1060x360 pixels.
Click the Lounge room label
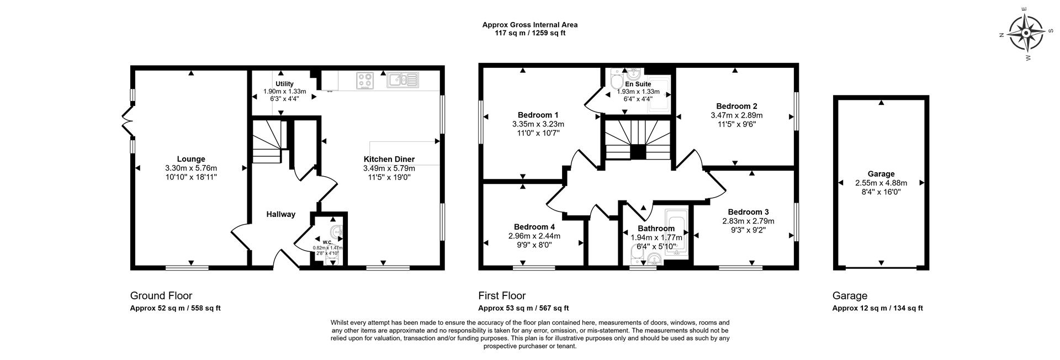click(191, 159)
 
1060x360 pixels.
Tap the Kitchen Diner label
click(389, 159)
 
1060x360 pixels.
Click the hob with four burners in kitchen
click(365, 81)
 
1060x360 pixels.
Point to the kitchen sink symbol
click(403, 80)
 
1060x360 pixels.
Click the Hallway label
click(281, 214)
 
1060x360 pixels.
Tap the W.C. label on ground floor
click(327, 242)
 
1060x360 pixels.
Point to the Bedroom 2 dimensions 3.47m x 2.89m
click(736, 115)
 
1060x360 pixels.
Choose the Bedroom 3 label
click(748, 212)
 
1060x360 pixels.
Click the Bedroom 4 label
click(534, 226)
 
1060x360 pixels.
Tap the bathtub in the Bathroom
click(675, 232)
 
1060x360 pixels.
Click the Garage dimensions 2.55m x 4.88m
click(881, 183)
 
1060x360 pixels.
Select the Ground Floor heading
click(161, 296)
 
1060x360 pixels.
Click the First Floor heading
click(501, 296)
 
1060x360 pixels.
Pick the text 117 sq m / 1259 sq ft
click(530, 33)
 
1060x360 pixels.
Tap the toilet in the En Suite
click(616, 82)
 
